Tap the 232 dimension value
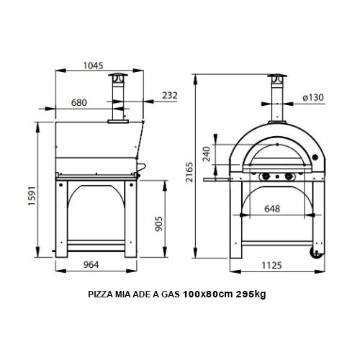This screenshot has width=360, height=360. [x=170, y=94]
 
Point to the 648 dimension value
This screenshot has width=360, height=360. [x=272, y=209]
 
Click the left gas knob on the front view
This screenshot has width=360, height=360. [x=266, y=177]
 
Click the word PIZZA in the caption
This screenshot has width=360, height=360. [x=100, y=295]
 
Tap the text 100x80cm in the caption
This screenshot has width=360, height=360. [x=209, y=295]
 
